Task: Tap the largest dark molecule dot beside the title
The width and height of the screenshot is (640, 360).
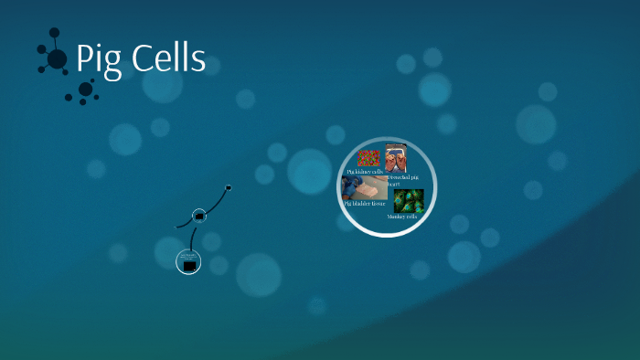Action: coord(57,58)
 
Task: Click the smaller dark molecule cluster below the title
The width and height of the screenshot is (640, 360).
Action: coord(85,90)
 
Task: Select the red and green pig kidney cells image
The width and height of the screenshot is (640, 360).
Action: coord(368,158)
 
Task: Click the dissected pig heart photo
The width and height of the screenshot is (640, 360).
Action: coord(396,158)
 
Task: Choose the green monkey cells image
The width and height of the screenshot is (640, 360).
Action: coord(408,200)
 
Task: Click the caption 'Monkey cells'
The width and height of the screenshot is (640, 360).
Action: coord(402,217)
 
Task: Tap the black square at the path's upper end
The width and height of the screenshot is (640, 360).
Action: coord(229,187)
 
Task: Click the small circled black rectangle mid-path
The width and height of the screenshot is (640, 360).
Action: coord(199,217)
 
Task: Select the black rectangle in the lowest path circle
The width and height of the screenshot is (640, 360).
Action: coord(189,265)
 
